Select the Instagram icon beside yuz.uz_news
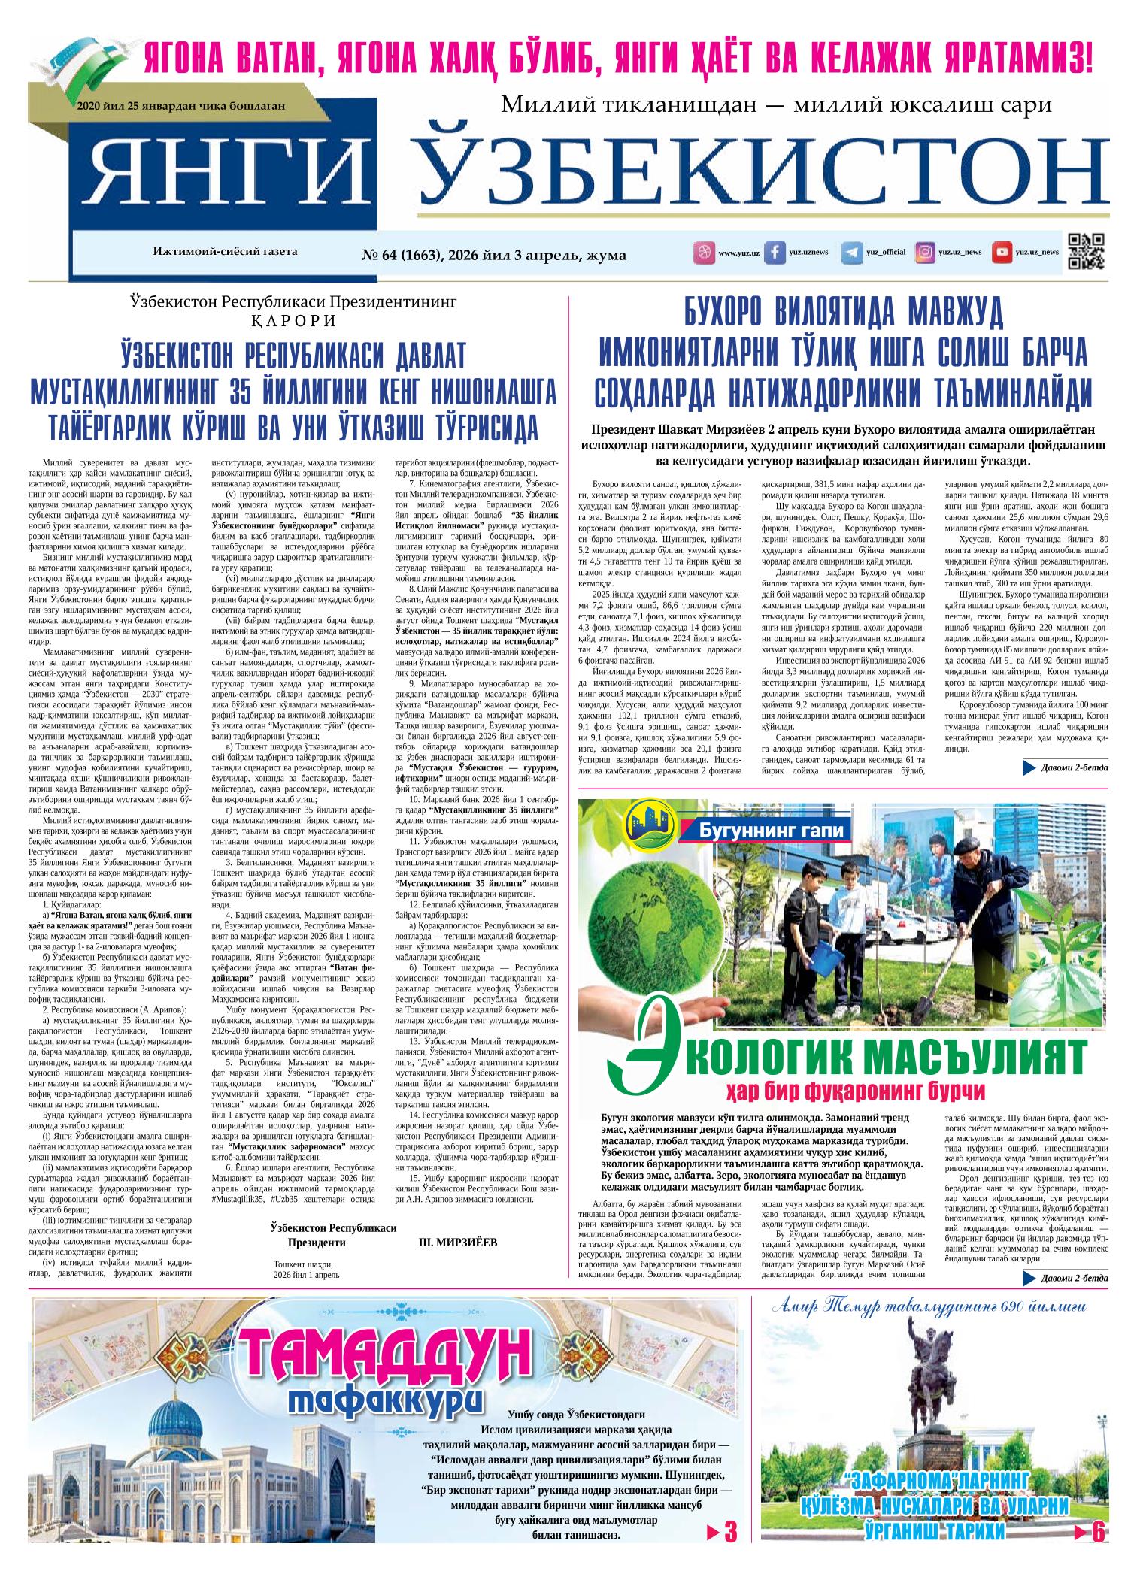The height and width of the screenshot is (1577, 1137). click(924, 253)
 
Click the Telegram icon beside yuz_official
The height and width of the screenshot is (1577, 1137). click(851, 253)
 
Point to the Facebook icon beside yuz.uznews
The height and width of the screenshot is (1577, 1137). click(774, 253)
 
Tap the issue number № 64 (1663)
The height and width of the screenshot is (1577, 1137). click(411, 256)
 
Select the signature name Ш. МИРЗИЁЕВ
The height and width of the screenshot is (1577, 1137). click(457, 1243)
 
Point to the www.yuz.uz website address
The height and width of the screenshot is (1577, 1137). click(738, 253)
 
